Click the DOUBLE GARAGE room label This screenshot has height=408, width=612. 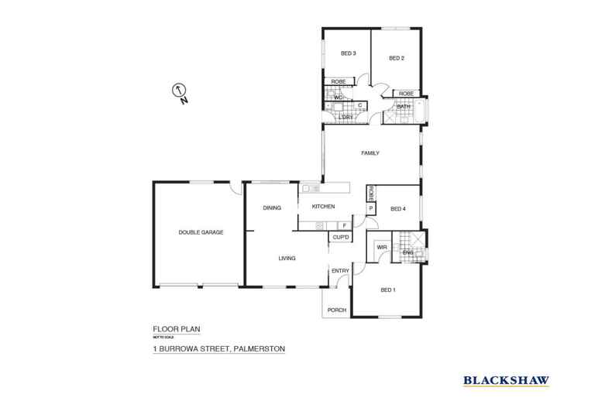[x=201, y=231]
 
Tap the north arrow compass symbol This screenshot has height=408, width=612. [x=179, y=91]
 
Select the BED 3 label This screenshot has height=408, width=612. [x=349, y=53]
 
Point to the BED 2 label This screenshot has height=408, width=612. [x=397, y=58]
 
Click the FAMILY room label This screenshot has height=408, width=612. [x=370, y=153]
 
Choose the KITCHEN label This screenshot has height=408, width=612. [x=323, y=207]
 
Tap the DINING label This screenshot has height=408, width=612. [x=271, y=207]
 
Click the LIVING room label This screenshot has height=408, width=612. [x=288, y=258]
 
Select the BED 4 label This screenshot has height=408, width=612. [x=398, y=208]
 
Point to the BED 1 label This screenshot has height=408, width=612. [x=388, y=290]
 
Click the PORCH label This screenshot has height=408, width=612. [x=338, y=310]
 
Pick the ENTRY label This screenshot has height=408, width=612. [x=340, y=270]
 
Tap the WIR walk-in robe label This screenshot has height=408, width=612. [x=381, y=249]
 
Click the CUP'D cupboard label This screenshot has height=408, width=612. [x=340, y=237]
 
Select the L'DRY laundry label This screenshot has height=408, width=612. [x=357, y=117]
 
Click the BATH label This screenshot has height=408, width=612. [x=404, y=106]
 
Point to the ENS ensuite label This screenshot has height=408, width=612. [x=408, y=252]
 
